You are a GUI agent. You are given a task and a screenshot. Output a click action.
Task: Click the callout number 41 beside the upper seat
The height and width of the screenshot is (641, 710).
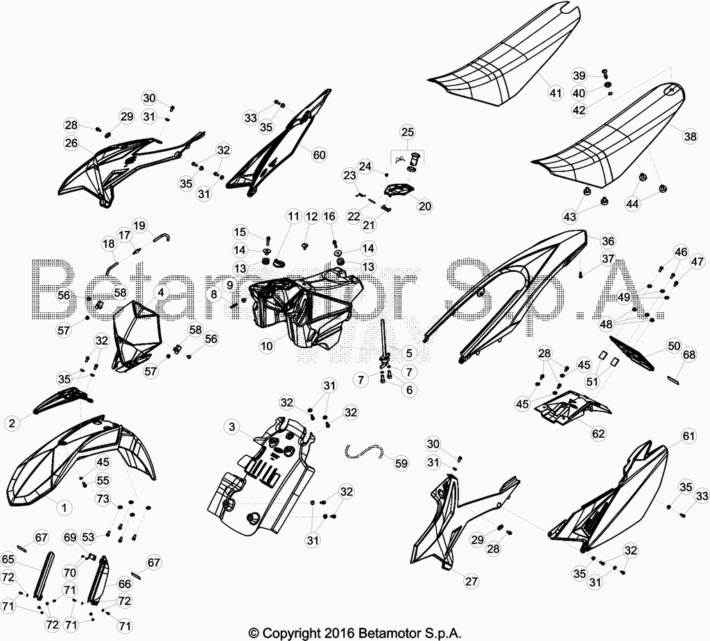coord(555,94)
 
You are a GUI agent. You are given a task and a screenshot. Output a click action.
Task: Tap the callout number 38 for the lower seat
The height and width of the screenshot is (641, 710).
coord(690,136)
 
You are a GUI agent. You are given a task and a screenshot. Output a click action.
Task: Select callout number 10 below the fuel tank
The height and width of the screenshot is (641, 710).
coord(267,346)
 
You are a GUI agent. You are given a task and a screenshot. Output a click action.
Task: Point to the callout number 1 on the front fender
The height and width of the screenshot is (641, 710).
coord(64,507)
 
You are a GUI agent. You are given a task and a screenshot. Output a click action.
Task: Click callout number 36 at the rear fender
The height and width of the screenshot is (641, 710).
coord(608,241)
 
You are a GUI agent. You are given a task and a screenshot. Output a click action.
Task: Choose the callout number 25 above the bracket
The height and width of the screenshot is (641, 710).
coord(408,132)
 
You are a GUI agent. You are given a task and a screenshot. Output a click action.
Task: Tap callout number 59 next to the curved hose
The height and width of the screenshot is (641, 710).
coord(401,463)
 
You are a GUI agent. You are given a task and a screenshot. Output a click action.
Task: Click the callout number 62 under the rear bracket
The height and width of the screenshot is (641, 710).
coord(598,434)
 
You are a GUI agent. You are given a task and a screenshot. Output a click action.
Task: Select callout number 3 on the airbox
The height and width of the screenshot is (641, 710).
coord(232,426)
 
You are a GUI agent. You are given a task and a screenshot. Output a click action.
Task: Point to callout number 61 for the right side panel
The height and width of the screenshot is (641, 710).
coord(689,436)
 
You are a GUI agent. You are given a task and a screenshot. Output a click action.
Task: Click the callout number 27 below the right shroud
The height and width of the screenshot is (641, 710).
coord(471,581)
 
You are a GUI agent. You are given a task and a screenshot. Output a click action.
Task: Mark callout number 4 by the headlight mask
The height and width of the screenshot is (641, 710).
coord(161,292)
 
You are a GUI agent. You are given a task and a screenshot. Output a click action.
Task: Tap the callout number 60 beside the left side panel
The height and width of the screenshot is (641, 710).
coord(319,155)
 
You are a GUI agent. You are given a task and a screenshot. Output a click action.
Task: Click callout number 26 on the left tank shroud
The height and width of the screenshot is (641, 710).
coord(71,143)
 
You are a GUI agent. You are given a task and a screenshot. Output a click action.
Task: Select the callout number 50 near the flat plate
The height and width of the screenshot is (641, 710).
coord(674,345)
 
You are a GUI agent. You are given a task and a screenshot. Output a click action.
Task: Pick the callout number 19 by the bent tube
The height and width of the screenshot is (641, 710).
coord(139,225)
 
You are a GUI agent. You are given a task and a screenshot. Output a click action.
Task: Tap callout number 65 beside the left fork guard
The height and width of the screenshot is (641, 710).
coord(8,559)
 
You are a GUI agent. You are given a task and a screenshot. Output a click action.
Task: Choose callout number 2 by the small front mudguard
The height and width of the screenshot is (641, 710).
coord(12,423)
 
